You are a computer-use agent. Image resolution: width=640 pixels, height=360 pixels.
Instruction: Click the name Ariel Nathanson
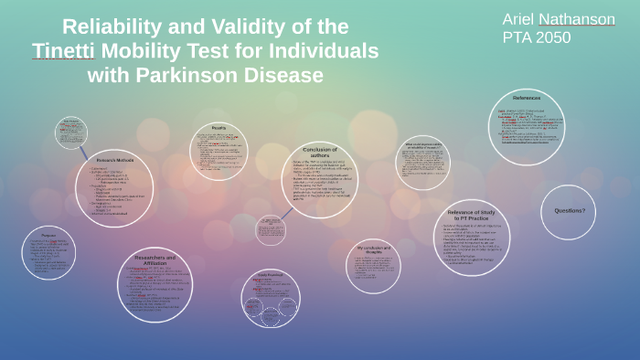(x=558, y=19)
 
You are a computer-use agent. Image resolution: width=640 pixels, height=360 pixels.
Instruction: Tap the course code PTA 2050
(x=537, y=37)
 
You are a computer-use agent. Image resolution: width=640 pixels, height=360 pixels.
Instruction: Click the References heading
(x=527, y=98)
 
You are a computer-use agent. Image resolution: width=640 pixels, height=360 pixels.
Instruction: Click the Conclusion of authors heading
(x=320, y=152)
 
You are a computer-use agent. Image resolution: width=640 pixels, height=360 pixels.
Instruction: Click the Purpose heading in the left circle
(x=48, y=234)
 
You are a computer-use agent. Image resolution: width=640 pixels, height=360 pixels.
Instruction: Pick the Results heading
(x=219, y=128)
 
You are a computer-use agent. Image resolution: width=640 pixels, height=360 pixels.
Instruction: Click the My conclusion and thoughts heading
(x=373, y=250)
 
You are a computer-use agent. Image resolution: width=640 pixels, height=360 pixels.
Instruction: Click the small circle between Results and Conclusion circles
(x=271, y=229)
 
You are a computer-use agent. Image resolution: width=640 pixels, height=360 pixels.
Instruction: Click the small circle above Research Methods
(x=70, y=132)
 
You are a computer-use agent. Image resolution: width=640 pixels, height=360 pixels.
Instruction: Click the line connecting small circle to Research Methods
(x=82, y=153)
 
